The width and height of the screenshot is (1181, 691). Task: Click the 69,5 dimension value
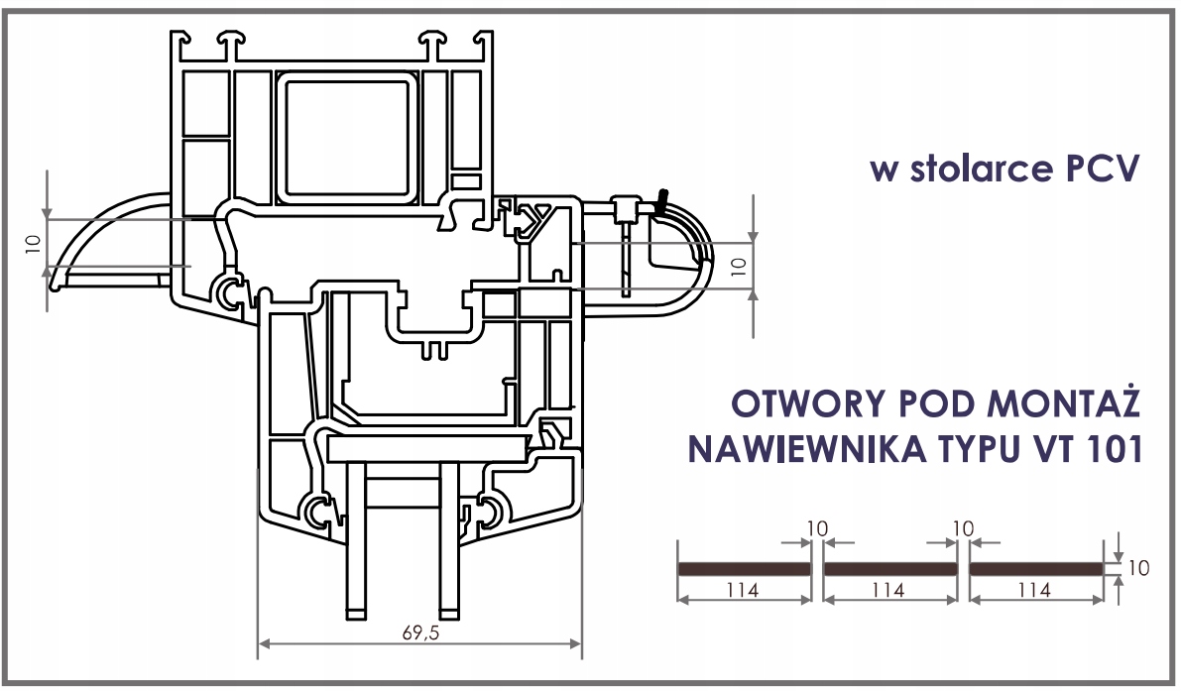(x=420, y=633)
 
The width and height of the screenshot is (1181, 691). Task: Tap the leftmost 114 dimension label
(x=743, y=590)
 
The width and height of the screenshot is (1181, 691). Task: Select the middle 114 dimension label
(x=888, y=590)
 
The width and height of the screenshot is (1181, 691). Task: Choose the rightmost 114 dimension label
(x=1034, y=590)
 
